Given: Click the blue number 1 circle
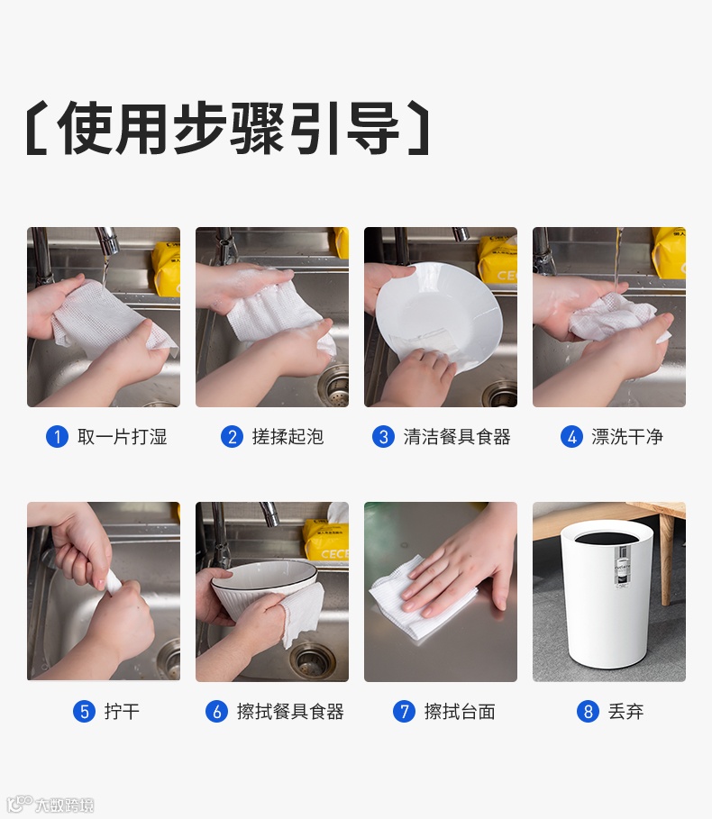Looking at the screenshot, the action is click(57, 437).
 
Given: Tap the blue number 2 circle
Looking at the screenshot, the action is click(232, 437).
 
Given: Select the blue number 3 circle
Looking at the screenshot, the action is click(383, 437).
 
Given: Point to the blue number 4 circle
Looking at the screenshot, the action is click(571, 437).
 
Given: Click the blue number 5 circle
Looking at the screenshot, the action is click(84, 712).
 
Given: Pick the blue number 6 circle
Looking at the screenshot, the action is click(217, 712).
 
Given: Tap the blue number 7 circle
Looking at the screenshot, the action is click(404, 712).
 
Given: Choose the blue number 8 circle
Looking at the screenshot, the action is click(588, 712).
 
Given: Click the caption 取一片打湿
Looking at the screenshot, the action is click(123, 437).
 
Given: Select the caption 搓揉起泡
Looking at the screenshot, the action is click(288, 437).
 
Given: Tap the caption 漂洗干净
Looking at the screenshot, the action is click(627, 437).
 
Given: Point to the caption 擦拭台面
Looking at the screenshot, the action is click(460, 712).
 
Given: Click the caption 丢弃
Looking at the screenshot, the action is click(625, 712).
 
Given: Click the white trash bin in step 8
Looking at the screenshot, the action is click(606, 593).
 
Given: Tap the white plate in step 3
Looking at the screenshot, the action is click(439, 314).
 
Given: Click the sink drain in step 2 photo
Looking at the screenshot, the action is click(335, 386).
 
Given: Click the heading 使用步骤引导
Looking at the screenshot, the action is click(228, 127).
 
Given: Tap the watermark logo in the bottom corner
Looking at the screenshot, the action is click(50, 804).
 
